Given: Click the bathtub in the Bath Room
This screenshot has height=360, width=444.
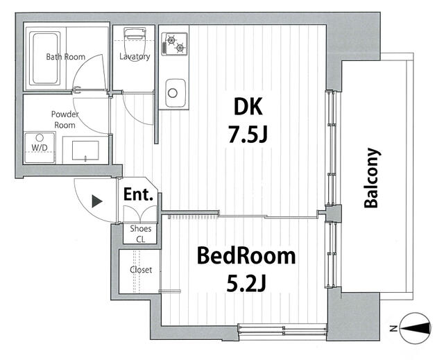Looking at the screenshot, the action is tap(44, 58).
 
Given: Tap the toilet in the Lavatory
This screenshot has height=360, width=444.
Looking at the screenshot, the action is tap(135, 39).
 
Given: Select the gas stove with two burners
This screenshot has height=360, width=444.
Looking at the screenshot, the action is tap(174, 44).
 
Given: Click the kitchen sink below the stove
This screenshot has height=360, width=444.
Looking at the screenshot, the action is tap(176, 93).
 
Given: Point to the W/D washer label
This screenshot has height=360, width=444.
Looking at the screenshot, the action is tap(40, 148).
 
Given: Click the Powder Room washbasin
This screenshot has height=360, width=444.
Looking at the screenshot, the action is tap(85, 151).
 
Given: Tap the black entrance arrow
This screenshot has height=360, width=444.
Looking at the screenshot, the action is tap(97, 201).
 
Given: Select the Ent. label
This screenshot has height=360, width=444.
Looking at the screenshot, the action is tap(139, 194).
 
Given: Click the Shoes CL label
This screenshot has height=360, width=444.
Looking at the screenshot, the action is tap(141, 234).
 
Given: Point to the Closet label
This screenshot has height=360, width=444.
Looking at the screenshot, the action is tap(141, 270).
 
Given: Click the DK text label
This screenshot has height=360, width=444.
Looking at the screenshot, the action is tap(248, 106).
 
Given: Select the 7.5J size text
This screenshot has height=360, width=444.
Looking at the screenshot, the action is tap(248, 135).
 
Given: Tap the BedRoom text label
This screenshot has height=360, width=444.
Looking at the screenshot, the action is tap(246, 255).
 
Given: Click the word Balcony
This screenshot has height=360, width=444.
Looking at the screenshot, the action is tap(371, 178).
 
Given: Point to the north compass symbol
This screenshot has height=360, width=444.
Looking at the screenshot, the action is tap(416, 328).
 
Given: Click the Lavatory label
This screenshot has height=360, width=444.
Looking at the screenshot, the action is tap(135, 57).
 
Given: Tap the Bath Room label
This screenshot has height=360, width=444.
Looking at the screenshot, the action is tap(66, 57).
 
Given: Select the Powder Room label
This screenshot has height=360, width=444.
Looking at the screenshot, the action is tap(65, 119).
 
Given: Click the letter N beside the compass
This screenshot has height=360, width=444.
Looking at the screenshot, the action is tap(393, 329).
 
